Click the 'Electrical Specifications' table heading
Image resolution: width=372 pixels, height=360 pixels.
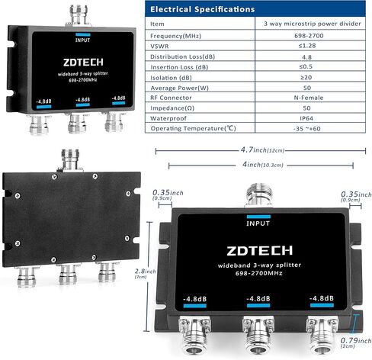pos(202,9)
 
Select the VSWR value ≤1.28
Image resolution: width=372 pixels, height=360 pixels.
pos(307,46)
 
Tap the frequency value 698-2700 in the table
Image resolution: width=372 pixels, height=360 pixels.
pos(309,36)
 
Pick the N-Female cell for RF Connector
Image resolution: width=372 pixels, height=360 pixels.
pos(309,98)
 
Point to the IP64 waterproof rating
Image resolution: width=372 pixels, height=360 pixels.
pos(306,118)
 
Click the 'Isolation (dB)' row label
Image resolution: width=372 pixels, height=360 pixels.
pos(171,78)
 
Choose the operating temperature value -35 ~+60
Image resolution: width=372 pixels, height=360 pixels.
pos(306,129)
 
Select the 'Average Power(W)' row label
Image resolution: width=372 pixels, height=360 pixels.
pos(179,88)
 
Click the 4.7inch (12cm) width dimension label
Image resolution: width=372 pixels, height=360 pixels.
pos(262,149)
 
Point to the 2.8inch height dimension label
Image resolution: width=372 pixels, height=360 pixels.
pos(145,273)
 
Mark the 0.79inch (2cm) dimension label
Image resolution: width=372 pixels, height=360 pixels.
pos(355,342)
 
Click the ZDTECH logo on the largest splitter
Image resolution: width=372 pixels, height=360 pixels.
pos(259,251)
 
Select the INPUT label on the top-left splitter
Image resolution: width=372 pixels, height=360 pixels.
pos(82,40)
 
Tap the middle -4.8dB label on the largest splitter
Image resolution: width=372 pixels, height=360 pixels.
pos(258,298)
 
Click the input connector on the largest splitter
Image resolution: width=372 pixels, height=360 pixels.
pos(258,195)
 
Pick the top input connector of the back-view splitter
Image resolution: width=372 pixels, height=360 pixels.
pos(70,160)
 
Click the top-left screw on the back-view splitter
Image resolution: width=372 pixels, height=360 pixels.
pos(54,177)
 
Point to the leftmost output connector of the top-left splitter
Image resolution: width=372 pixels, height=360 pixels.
pos(39,125)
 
